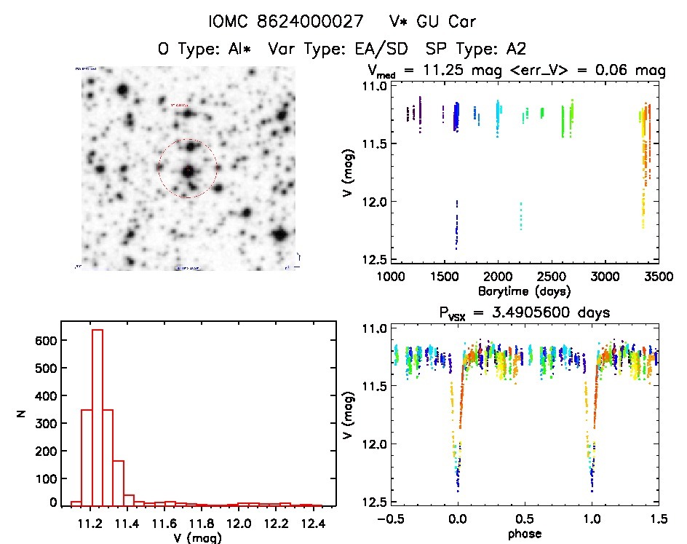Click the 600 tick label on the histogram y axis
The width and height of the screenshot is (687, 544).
46,341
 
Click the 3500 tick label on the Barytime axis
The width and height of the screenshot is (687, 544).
657,277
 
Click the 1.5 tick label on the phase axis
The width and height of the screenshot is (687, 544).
657,520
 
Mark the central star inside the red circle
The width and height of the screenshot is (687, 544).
188,170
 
